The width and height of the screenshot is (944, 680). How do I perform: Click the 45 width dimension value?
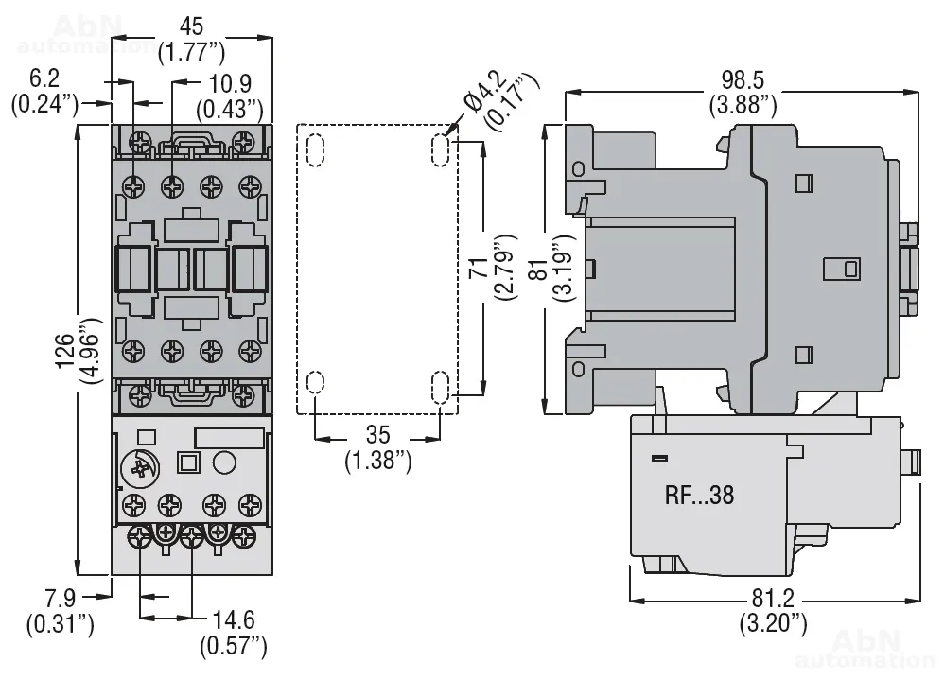pos(190,25)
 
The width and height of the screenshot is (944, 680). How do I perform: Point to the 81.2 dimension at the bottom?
pos(773,599)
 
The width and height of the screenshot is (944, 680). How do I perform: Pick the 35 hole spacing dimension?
pos(377,436)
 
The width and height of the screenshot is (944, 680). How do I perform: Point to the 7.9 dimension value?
pos(60,599)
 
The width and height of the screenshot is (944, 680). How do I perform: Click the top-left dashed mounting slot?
pos(315,148)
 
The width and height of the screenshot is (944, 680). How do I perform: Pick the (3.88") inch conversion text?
pos(743,104)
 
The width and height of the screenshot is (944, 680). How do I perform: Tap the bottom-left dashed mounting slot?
pos(315,383)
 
